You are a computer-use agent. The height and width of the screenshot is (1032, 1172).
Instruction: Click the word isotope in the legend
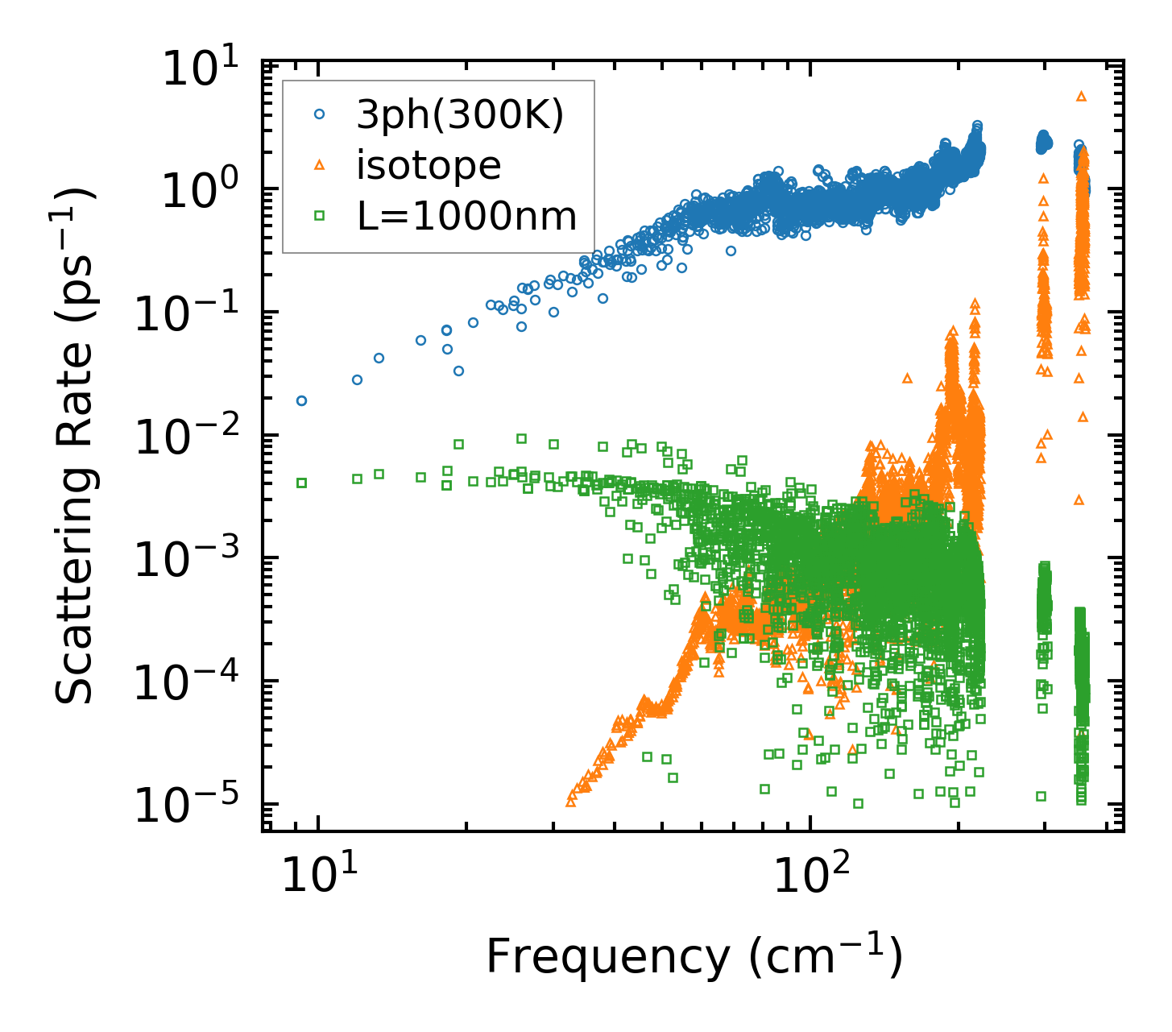(429, 165)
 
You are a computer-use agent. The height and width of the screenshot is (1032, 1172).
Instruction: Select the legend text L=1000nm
(466, 215)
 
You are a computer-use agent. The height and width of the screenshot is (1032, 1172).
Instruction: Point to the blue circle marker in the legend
(319, 115)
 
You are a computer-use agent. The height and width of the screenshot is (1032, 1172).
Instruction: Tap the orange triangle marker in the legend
(319, 165)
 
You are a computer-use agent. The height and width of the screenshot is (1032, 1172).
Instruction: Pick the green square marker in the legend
(319, 215)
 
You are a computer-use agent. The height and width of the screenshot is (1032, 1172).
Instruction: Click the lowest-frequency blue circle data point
(302, 400)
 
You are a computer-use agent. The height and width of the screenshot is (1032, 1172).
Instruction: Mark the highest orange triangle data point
(1081, 96)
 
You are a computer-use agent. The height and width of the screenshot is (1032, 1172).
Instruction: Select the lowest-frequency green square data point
(302, 483)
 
